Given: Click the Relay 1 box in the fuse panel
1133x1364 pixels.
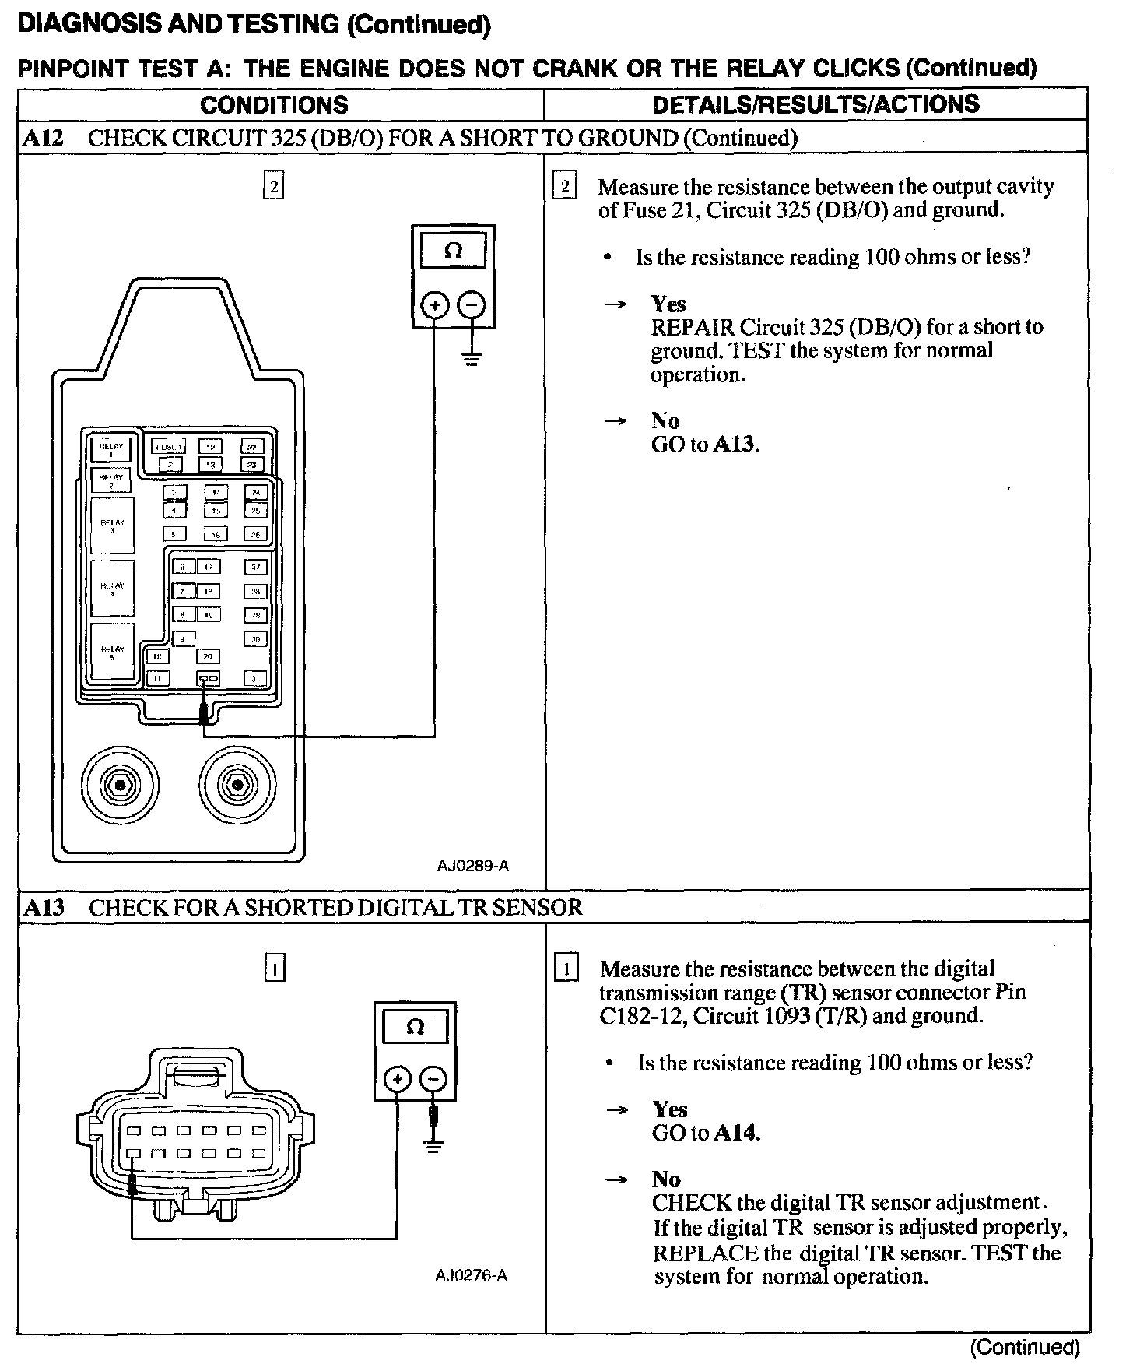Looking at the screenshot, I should pyautogui.click(x=111, y=449).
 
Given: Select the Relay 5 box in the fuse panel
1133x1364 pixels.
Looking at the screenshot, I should pyautogui.click(x=113, y=652).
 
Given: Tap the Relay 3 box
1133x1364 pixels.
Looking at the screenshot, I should pyautogui.click(x=113, y=526).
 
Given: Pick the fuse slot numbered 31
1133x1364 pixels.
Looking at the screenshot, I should pyautogui.click(x=255, y=678).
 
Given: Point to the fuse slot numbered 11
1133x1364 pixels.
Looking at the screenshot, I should pyautogui.click(x=159, y=678).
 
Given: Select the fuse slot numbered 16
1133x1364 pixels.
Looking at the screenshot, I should pyautogui.click(x=216, y=534).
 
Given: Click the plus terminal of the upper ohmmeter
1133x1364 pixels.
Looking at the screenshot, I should pyautogui.click(x=434, y=305).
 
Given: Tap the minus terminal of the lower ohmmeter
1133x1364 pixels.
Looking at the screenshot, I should pyautogui.click(x=433, y=1079).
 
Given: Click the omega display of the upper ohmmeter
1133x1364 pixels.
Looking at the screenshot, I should pyautogui.click(x=453, y=251).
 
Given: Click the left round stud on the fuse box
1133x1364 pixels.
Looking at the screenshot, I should pyautogui.click(x=120, y=786).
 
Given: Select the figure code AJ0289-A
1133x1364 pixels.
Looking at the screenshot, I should pyautogui.click(x=472, y=866).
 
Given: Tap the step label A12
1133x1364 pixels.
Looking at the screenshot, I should pyautogui.click(x=43, y=138).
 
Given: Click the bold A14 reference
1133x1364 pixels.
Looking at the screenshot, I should pyautogui.click(x=735, y=1133).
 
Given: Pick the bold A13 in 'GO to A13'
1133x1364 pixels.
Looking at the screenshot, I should pyautogui.click(x=735, y=445).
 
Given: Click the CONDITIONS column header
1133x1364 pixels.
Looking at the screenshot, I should pyautogui.click(x=274, y=104).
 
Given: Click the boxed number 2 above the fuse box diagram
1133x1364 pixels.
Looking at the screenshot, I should pyautogui.click(x=273, y=187).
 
